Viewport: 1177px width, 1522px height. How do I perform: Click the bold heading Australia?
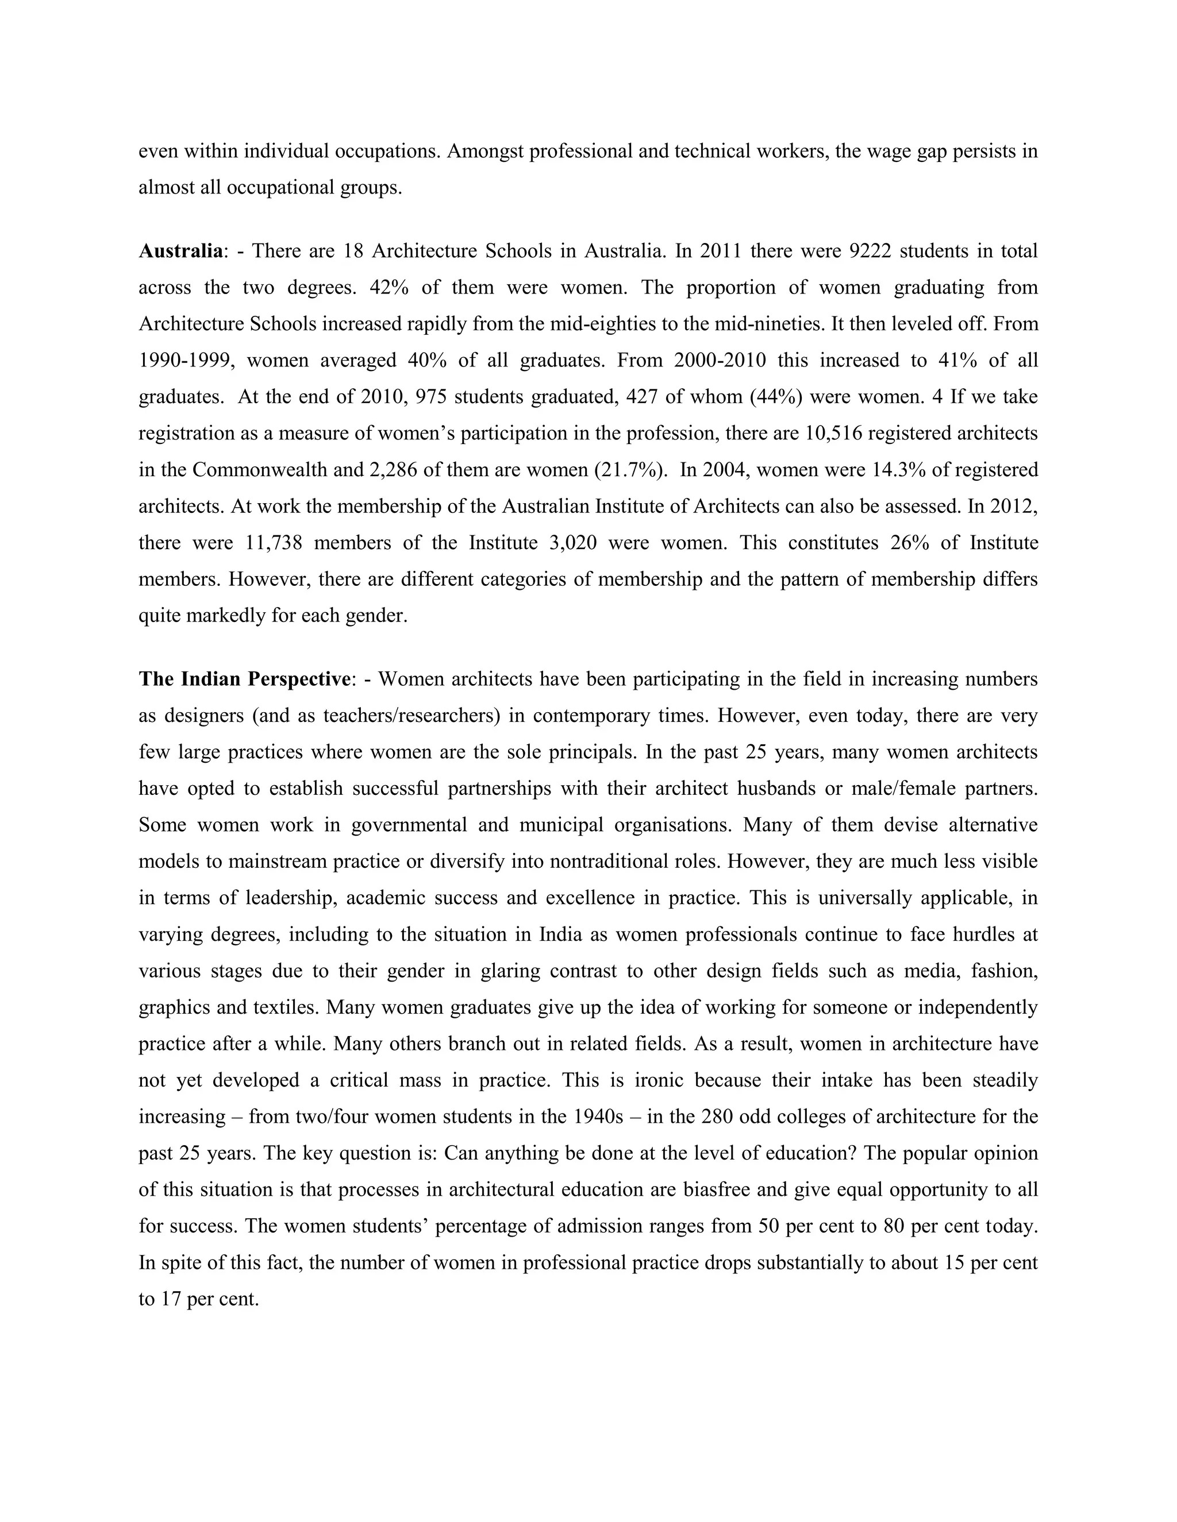pyautogui.click(x=180, y=251)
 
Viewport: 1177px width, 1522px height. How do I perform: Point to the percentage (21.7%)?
pyautogui.click(x=630, y=470)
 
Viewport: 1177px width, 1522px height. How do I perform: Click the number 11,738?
pyautogui.click(x=274, y=543)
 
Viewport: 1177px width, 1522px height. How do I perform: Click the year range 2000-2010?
pyautogui.click(x=720, y=360)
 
